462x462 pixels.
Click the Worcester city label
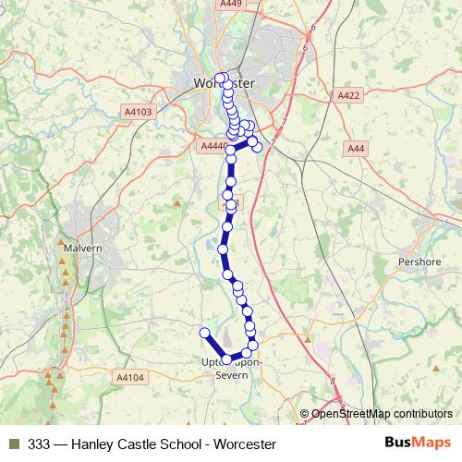point(225,82)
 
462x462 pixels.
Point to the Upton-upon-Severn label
point(231,369)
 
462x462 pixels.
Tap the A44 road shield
point(357,148)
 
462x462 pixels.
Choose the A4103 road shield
point(136,111)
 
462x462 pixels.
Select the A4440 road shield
point(213,146)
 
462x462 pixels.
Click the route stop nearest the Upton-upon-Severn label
point(228,359)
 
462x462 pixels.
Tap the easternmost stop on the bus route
point(258,147)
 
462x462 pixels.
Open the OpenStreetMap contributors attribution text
point(381,413)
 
